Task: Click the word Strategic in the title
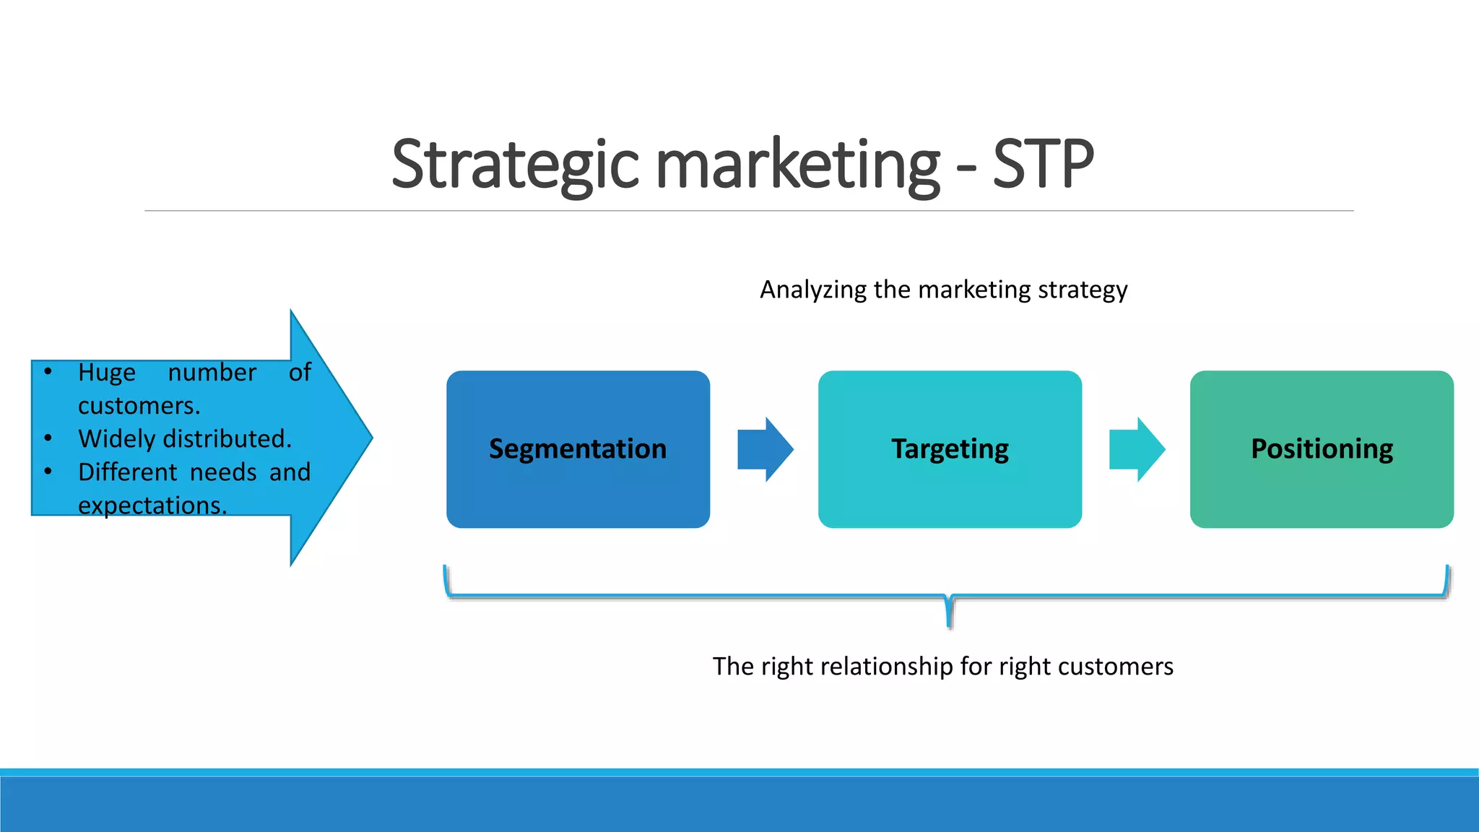click(x=515, y=165)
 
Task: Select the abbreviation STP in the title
click(x=1043, y=165)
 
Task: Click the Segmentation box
click(x=578, y=449)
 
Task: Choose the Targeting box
click(x=950, y=449)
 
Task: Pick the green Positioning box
click(x=1322, y=449)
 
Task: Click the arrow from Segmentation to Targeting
click(x=765, y=449)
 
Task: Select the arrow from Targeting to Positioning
click(x=1137, y=449)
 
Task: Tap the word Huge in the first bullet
click(x=107, y=373)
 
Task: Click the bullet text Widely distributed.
click(x=185, y=439)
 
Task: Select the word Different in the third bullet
click(x=127, y=472)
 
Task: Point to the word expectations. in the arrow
click(x=152, y=506)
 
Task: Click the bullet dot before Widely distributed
click(x=48, y=438)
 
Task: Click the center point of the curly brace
click(x=949, y=614)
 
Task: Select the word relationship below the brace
click(x=892, y=666)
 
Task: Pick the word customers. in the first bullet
click(x=139, y=406)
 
